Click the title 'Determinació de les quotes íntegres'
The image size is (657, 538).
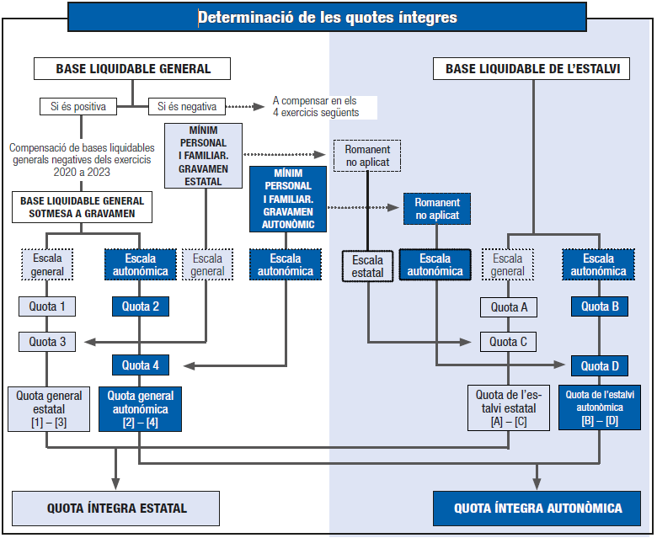[x=327, y=17]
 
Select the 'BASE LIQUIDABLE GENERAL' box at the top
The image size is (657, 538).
[x=133, y=68]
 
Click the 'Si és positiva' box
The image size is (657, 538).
[x=77, y=107]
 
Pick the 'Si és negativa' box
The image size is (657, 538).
[x=187, y=107]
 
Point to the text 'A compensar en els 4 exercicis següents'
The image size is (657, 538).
[x=315, y=107]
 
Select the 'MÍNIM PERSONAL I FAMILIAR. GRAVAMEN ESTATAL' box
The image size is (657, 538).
[x=203, y=156]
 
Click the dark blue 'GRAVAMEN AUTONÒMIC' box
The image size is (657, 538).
[x=288, y=198]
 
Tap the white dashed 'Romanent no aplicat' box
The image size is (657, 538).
[x=367, y=156]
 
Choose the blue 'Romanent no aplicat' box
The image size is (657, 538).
[x=437, y=209]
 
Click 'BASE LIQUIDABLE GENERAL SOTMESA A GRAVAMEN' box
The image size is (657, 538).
[x=83, y=207]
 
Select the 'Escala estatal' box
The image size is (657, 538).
[x=367, y=266]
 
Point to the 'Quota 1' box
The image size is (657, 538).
[x=47, y=306]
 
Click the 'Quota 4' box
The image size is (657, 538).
[x=140, y=365]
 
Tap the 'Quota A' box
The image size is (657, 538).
[x=509, y=307]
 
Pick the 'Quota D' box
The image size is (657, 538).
[x=599, y=365]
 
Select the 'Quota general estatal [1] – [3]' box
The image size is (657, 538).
[x=49, y=408]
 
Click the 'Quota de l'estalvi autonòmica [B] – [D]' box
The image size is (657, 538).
[x=600, y=407]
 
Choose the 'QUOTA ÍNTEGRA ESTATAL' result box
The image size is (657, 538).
[x=116, y=509]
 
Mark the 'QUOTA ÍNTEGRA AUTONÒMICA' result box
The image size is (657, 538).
[x=537, y=509]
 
